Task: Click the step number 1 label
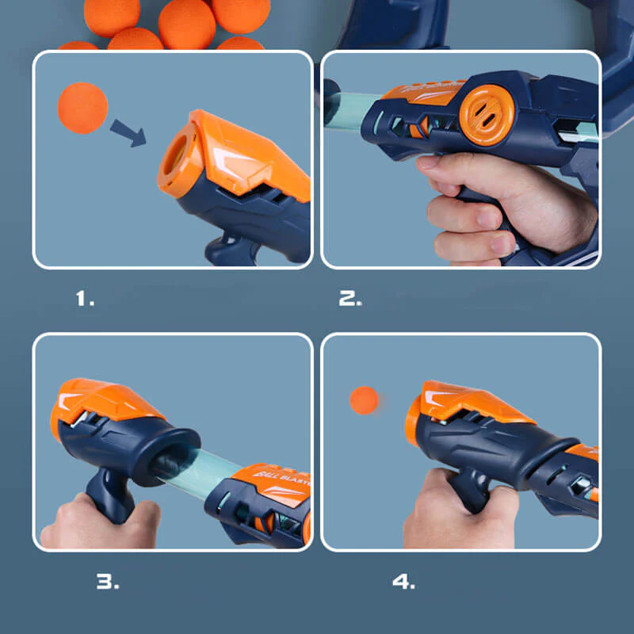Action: coord(85,299)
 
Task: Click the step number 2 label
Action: coord(350,299)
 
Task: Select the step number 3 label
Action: coord(108,581)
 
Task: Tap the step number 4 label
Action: coord(403,581)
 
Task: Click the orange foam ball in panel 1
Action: coord(82,109)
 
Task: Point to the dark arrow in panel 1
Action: coord(128,132)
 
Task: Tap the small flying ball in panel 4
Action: coord(364,400)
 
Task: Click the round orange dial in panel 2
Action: coord(487,114)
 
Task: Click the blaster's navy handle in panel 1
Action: coord(230,246)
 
